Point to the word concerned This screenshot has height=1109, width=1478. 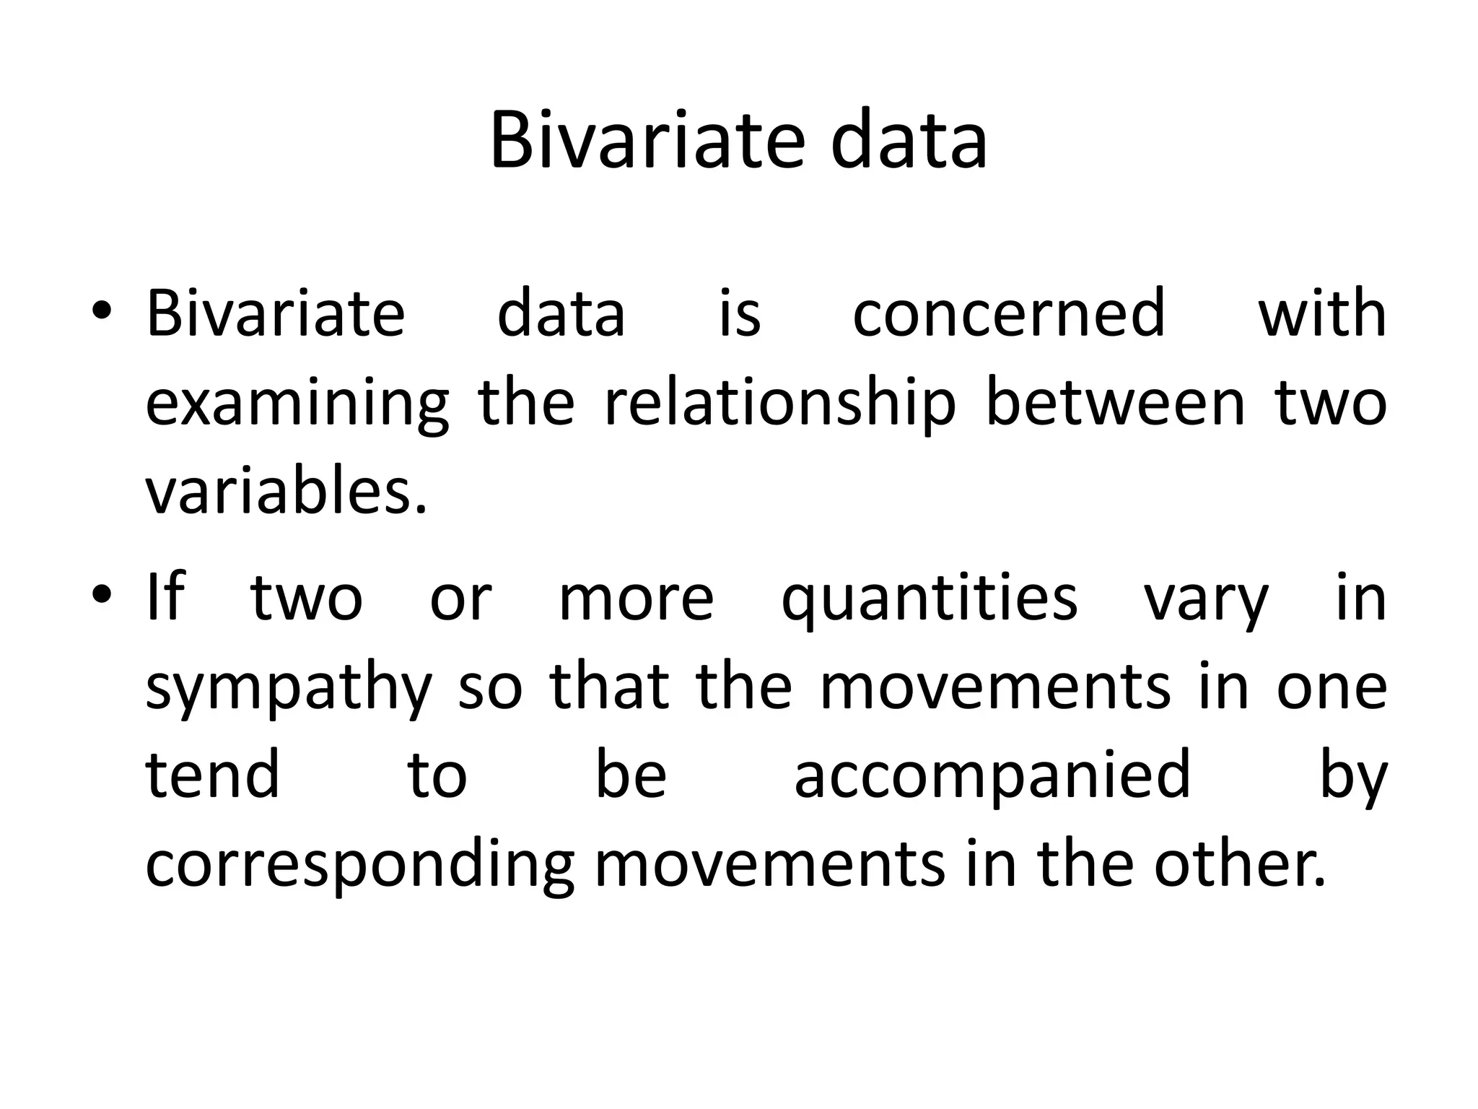[x=1009, y=313]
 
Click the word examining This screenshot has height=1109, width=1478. [x=297, y=404]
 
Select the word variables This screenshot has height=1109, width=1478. [x=286, y=492]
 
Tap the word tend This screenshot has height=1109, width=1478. [x=212, y=775]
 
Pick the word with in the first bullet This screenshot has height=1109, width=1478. [x=1322, y=313]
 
